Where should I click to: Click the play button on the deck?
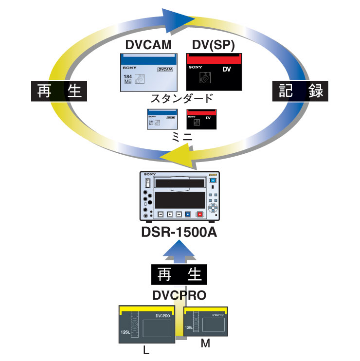click(x=170, y=214)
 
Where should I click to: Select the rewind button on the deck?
click(x=160, y=214)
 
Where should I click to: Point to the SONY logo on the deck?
click(x=150, y=174)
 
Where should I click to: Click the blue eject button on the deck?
click(x=213, y=181)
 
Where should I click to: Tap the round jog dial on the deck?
click(x=213, y=207)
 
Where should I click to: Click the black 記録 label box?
click(x=299, y=91)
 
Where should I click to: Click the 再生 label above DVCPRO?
click(x=180, y=275)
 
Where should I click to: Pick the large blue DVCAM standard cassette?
click(x=148, y=73)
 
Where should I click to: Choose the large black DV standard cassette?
click(x=214, y=73)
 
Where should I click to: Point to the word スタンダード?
click(x=181, y=99)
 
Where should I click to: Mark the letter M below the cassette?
click(x=205, y=344)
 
